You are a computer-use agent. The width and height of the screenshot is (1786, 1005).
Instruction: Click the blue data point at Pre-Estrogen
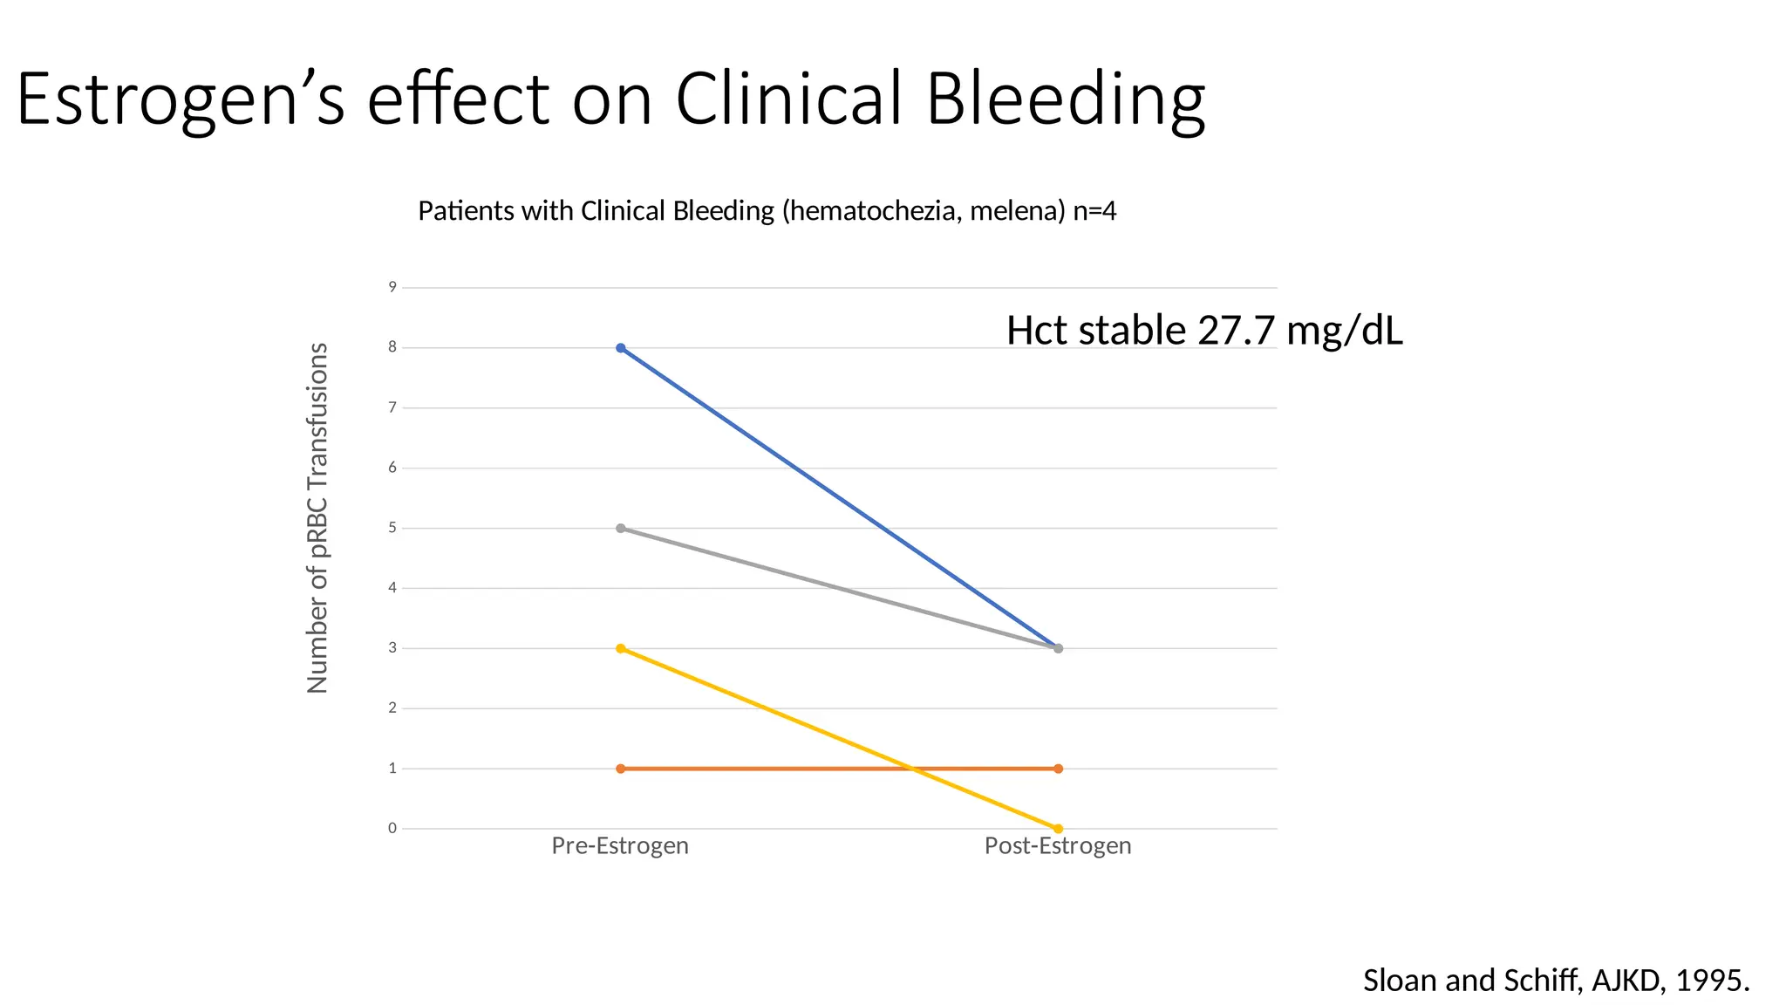click(620, 348)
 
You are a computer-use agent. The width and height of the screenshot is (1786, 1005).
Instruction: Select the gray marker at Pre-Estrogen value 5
click(620, 529)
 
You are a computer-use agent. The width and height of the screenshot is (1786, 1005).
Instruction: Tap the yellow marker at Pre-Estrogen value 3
click(620, 648)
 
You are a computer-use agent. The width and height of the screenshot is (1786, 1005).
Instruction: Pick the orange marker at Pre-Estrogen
click(620, 769)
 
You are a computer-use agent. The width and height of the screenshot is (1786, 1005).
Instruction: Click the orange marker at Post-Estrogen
click(1058, 769)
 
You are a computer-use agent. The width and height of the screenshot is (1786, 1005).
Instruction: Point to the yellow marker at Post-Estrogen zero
click(1058, 829)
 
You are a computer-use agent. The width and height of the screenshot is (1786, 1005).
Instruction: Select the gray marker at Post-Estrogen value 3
click(1058, 648)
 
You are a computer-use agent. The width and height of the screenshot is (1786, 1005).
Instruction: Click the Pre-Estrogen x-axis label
click(620, 845)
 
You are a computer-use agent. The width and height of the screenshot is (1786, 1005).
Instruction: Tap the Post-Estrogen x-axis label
click(1058, 845)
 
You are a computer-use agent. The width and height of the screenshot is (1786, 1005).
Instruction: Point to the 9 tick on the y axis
click(392, 287)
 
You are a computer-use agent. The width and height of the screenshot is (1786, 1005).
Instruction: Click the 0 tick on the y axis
click(392, 828)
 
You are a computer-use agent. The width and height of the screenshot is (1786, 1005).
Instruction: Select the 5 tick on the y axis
click(392, 528)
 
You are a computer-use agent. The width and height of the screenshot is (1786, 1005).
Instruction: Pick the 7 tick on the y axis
click(392, 407)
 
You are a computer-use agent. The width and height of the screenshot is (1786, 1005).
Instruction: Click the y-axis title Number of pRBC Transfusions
click(317, 518)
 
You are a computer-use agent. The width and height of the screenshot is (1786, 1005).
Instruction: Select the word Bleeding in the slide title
click(1065, 98)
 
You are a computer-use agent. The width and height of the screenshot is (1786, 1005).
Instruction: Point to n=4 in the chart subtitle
click(1094, 211)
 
